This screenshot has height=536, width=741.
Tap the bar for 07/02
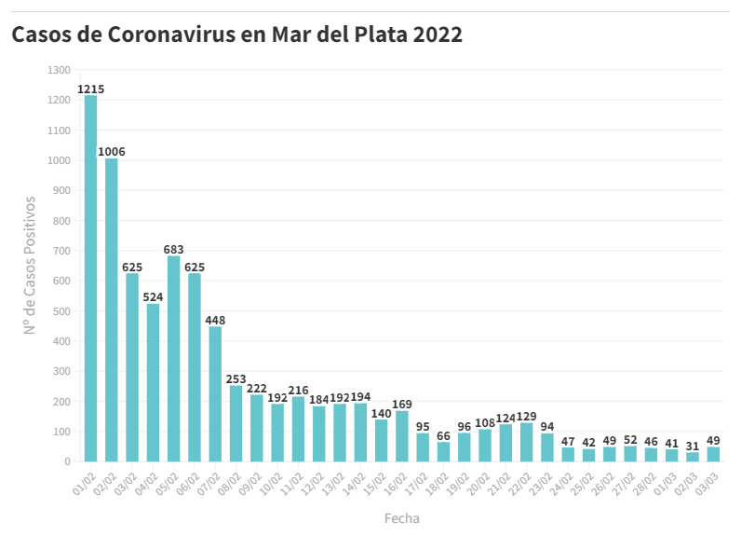(215, 393)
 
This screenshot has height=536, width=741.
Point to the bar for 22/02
(527, 442)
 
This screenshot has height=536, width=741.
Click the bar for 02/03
(693, 457)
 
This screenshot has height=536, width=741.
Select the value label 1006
(112, 152)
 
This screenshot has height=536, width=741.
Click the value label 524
(153, 297)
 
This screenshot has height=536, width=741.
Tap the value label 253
(236, 379)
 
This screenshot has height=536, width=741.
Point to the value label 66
(443, 435)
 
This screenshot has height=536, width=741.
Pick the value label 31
(693, 447)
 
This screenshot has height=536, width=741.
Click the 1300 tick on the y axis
(59, 70)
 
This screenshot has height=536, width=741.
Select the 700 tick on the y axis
(61, 251)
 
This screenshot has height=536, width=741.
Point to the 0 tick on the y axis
(67, 461)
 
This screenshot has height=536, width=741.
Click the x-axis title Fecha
(401, 517)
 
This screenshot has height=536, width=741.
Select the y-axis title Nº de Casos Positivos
(30, 265)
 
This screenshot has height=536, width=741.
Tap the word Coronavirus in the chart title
(182, 35)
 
